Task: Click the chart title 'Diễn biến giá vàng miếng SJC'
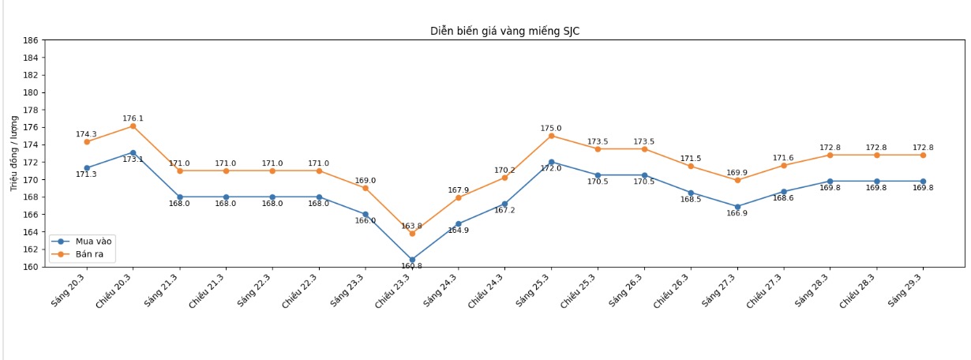(x=504, y=31)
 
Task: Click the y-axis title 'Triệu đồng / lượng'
(x=14, y=153)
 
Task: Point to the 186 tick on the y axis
(x=31, y=40)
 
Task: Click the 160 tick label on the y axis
(x=31, y=267)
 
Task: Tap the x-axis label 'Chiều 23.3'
(x=394, y=291)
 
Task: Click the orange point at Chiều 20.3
(x=133, y=126)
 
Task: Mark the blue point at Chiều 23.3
(x=412, y=260)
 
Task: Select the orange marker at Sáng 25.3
(x=551, y=136)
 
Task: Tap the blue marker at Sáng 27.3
(x=737, y=207)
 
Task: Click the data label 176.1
(x=133, y=118)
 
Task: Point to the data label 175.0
(x=551, y=128)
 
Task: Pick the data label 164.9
(x=459, y=231)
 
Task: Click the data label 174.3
(x=86, y=134)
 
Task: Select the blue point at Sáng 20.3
(x=86, y=168)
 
